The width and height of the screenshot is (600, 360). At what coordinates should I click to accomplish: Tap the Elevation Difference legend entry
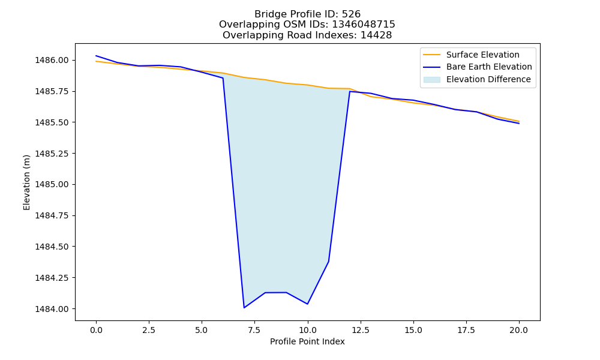click(477, 79)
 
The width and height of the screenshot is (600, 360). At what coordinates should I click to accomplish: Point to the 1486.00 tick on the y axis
click(52, 60)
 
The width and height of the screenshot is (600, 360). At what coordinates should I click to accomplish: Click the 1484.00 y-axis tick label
click(52, 309)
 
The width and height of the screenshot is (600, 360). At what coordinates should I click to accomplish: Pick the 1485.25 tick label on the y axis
click(52, 154)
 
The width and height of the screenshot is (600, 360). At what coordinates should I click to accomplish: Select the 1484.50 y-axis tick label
click(52, 247)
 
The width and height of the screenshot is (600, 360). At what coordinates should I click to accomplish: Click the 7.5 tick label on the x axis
click(254, 330)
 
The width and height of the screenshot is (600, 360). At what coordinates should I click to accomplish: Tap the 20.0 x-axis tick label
click(519, 330)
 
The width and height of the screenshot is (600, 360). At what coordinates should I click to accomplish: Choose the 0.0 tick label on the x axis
click(96, 330)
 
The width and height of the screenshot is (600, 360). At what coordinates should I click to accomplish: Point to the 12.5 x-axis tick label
click(360, 330)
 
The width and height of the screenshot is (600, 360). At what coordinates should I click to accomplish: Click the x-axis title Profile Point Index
click(307, 341)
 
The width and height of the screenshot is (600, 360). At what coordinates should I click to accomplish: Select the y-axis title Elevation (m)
click(26, 182)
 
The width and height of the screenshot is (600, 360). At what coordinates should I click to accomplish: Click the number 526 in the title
click(351, 14)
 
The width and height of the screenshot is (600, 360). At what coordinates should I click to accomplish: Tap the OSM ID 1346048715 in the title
click(364, 25)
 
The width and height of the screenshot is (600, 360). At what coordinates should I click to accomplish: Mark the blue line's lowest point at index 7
click(244, 308)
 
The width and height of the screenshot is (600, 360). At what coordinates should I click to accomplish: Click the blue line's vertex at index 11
click(328, 261)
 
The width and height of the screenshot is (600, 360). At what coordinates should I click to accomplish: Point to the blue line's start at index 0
click(96, 56)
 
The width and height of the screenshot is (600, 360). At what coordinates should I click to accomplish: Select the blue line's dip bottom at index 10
click(307, 304)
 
